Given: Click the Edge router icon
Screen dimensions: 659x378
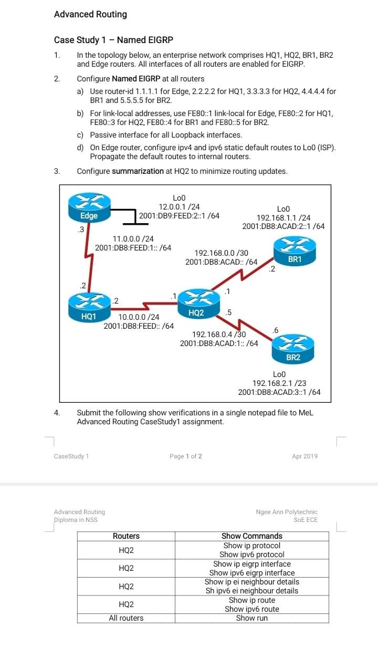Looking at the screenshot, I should (89, 206).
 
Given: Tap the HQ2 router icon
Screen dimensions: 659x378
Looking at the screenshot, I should (195, 304).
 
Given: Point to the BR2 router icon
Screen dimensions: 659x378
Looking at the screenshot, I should (292, 349).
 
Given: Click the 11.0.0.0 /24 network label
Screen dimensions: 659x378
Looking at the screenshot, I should (133, 239).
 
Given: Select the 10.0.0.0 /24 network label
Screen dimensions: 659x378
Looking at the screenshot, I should (139, 317).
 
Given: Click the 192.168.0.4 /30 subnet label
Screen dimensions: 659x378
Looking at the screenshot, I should (219, 334).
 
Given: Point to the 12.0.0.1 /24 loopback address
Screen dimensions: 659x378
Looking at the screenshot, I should (179, 206).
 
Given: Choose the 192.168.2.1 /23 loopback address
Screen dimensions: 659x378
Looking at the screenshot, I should (279, 383).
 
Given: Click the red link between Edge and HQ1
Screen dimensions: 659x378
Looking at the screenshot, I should (86, 257).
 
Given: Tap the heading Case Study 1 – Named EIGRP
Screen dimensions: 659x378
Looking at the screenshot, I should (113, 40).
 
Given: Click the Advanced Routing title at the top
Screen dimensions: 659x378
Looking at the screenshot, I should (90, 14).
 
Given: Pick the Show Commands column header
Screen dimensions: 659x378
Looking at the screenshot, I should (252, 536).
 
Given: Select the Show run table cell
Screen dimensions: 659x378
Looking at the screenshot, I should (252, 618).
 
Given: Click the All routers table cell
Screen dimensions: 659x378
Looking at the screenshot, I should (126, 618).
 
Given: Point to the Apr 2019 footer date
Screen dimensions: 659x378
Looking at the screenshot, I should (304, 456).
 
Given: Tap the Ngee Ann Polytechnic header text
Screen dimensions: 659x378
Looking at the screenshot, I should (287, 511).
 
